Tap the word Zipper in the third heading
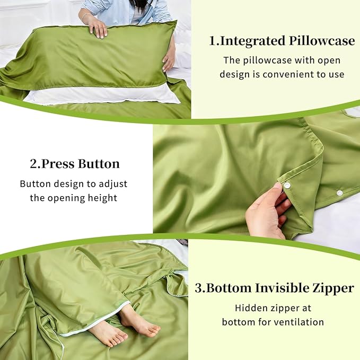coord(334,288)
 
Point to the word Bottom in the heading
coord(229,288)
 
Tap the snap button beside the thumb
coord(287,185)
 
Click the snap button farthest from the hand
coord(340,192)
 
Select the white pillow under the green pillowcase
coord(106,95)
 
